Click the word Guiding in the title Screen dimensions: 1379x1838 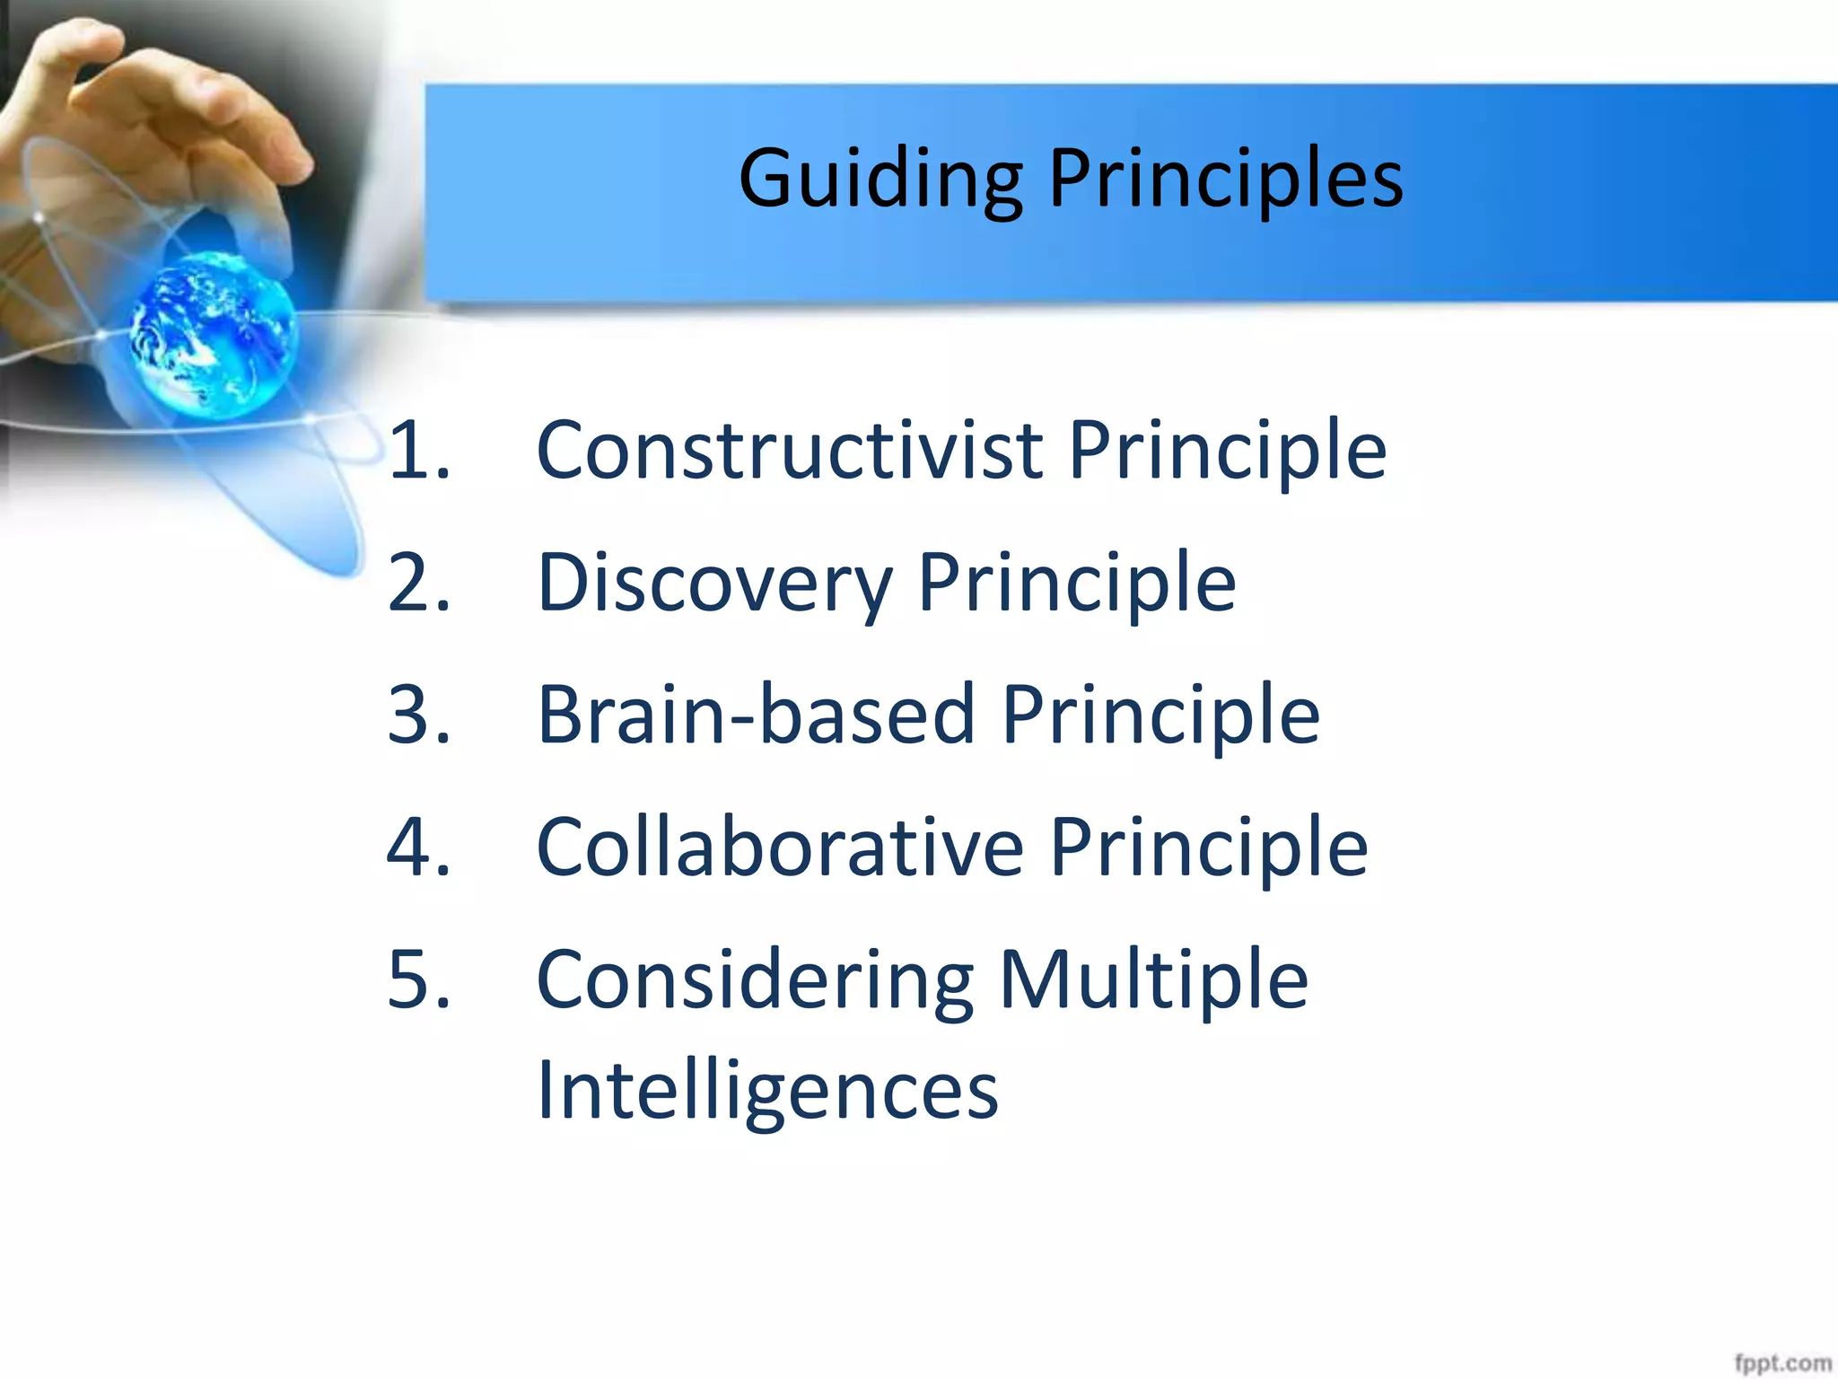tap(880, 180)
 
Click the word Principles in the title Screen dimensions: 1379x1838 tap(1225, 180)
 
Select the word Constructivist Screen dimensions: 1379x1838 tap(789, 450)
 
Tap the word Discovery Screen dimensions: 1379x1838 tap(714, 584)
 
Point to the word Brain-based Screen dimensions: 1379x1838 tap(756, 715)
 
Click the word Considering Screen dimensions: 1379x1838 tap(754, 979)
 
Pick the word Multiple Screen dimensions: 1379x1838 tap(1153, 979)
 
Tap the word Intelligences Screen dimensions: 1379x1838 tap(766, 1091)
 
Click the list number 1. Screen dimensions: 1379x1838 tap(418, 450)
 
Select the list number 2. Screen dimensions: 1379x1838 tap(418, 584)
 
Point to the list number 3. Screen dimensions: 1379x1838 tap(418, 715)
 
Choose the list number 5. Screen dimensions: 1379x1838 tap(418, 979)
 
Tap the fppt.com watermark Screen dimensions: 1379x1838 tap(1781, 1362)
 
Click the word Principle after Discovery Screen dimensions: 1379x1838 tap(1076, 584)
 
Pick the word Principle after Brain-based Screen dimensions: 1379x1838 tap(1160, 715)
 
